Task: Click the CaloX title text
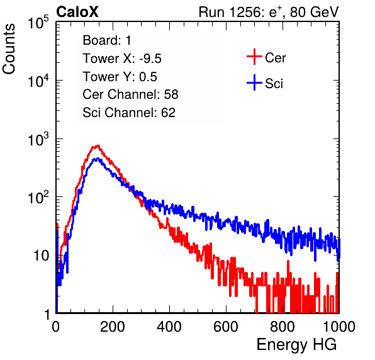(77, 12)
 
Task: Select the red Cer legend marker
(254, 57)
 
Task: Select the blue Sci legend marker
(254, 82)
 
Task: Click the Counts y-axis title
(9, 49)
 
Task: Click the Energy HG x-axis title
(296, 345)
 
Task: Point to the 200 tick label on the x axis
(113, 327)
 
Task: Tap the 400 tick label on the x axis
(169, 327)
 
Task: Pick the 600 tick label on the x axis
(226, 327)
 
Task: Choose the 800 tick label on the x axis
(283, 327)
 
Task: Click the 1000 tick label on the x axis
(339, 327)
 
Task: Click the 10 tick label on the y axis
(42, 256)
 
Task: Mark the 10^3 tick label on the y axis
(38, 139)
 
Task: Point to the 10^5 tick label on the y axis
(38, 23)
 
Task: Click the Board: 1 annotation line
(107, 40)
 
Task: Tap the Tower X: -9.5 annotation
(122, 59)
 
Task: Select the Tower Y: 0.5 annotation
(120, 77)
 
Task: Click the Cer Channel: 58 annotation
(130, 94)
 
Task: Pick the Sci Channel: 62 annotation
(129, 113)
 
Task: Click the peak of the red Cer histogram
(98, 145)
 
